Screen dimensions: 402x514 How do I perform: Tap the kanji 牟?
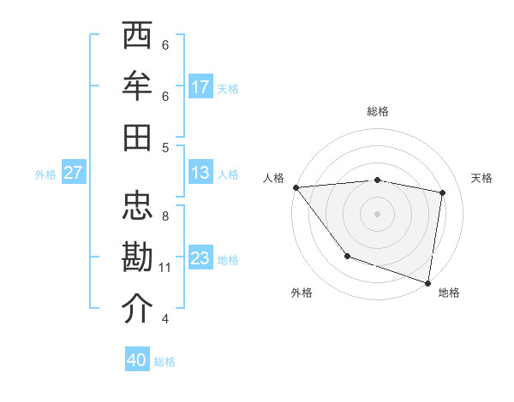pyautogui.click(x=138, y=87)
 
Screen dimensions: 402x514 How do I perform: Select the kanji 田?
pyautogui.click(x=138, y=138)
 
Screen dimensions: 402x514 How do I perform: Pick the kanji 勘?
pyautogui.click(x=138, y=258)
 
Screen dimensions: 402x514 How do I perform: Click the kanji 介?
pyautogui.click(x=138, y=309)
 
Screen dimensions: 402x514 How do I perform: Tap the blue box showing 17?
pyautogui.click(x=200, y=87)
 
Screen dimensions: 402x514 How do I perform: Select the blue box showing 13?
pyautogui.click(x=200, y=173)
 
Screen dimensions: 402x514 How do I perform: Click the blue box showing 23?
pyautogui.click(x=200, y=258)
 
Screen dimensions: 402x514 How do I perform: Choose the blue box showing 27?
pyautogui.click(x=74, y=173)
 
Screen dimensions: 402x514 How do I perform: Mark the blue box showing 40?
pyautogui.click(x=137, y=360)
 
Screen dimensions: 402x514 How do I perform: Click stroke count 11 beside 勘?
pyautogui.click(x=164, y=268)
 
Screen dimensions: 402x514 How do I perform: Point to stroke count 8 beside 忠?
pyautogui.click(x=164, y=216)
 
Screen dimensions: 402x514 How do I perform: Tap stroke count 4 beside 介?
pyautogui.click(x=164, y=319)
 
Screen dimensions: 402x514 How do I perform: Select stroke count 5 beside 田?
pyautogui.click(x=164, y=147)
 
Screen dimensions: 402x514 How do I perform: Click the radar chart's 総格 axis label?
pyautogui.click(x=377, y=111)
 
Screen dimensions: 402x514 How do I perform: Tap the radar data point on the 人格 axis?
pyautogui.click(x=296, y=186)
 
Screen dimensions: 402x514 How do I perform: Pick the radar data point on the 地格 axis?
pyautogui.click(x=427, y=282)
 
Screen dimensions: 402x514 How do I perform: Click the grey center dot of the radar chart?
pyautogui.click(x=377, y=213)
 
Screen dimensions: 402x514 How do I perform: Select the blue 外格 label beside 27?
pyautogui.click(x=45, y=174)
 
